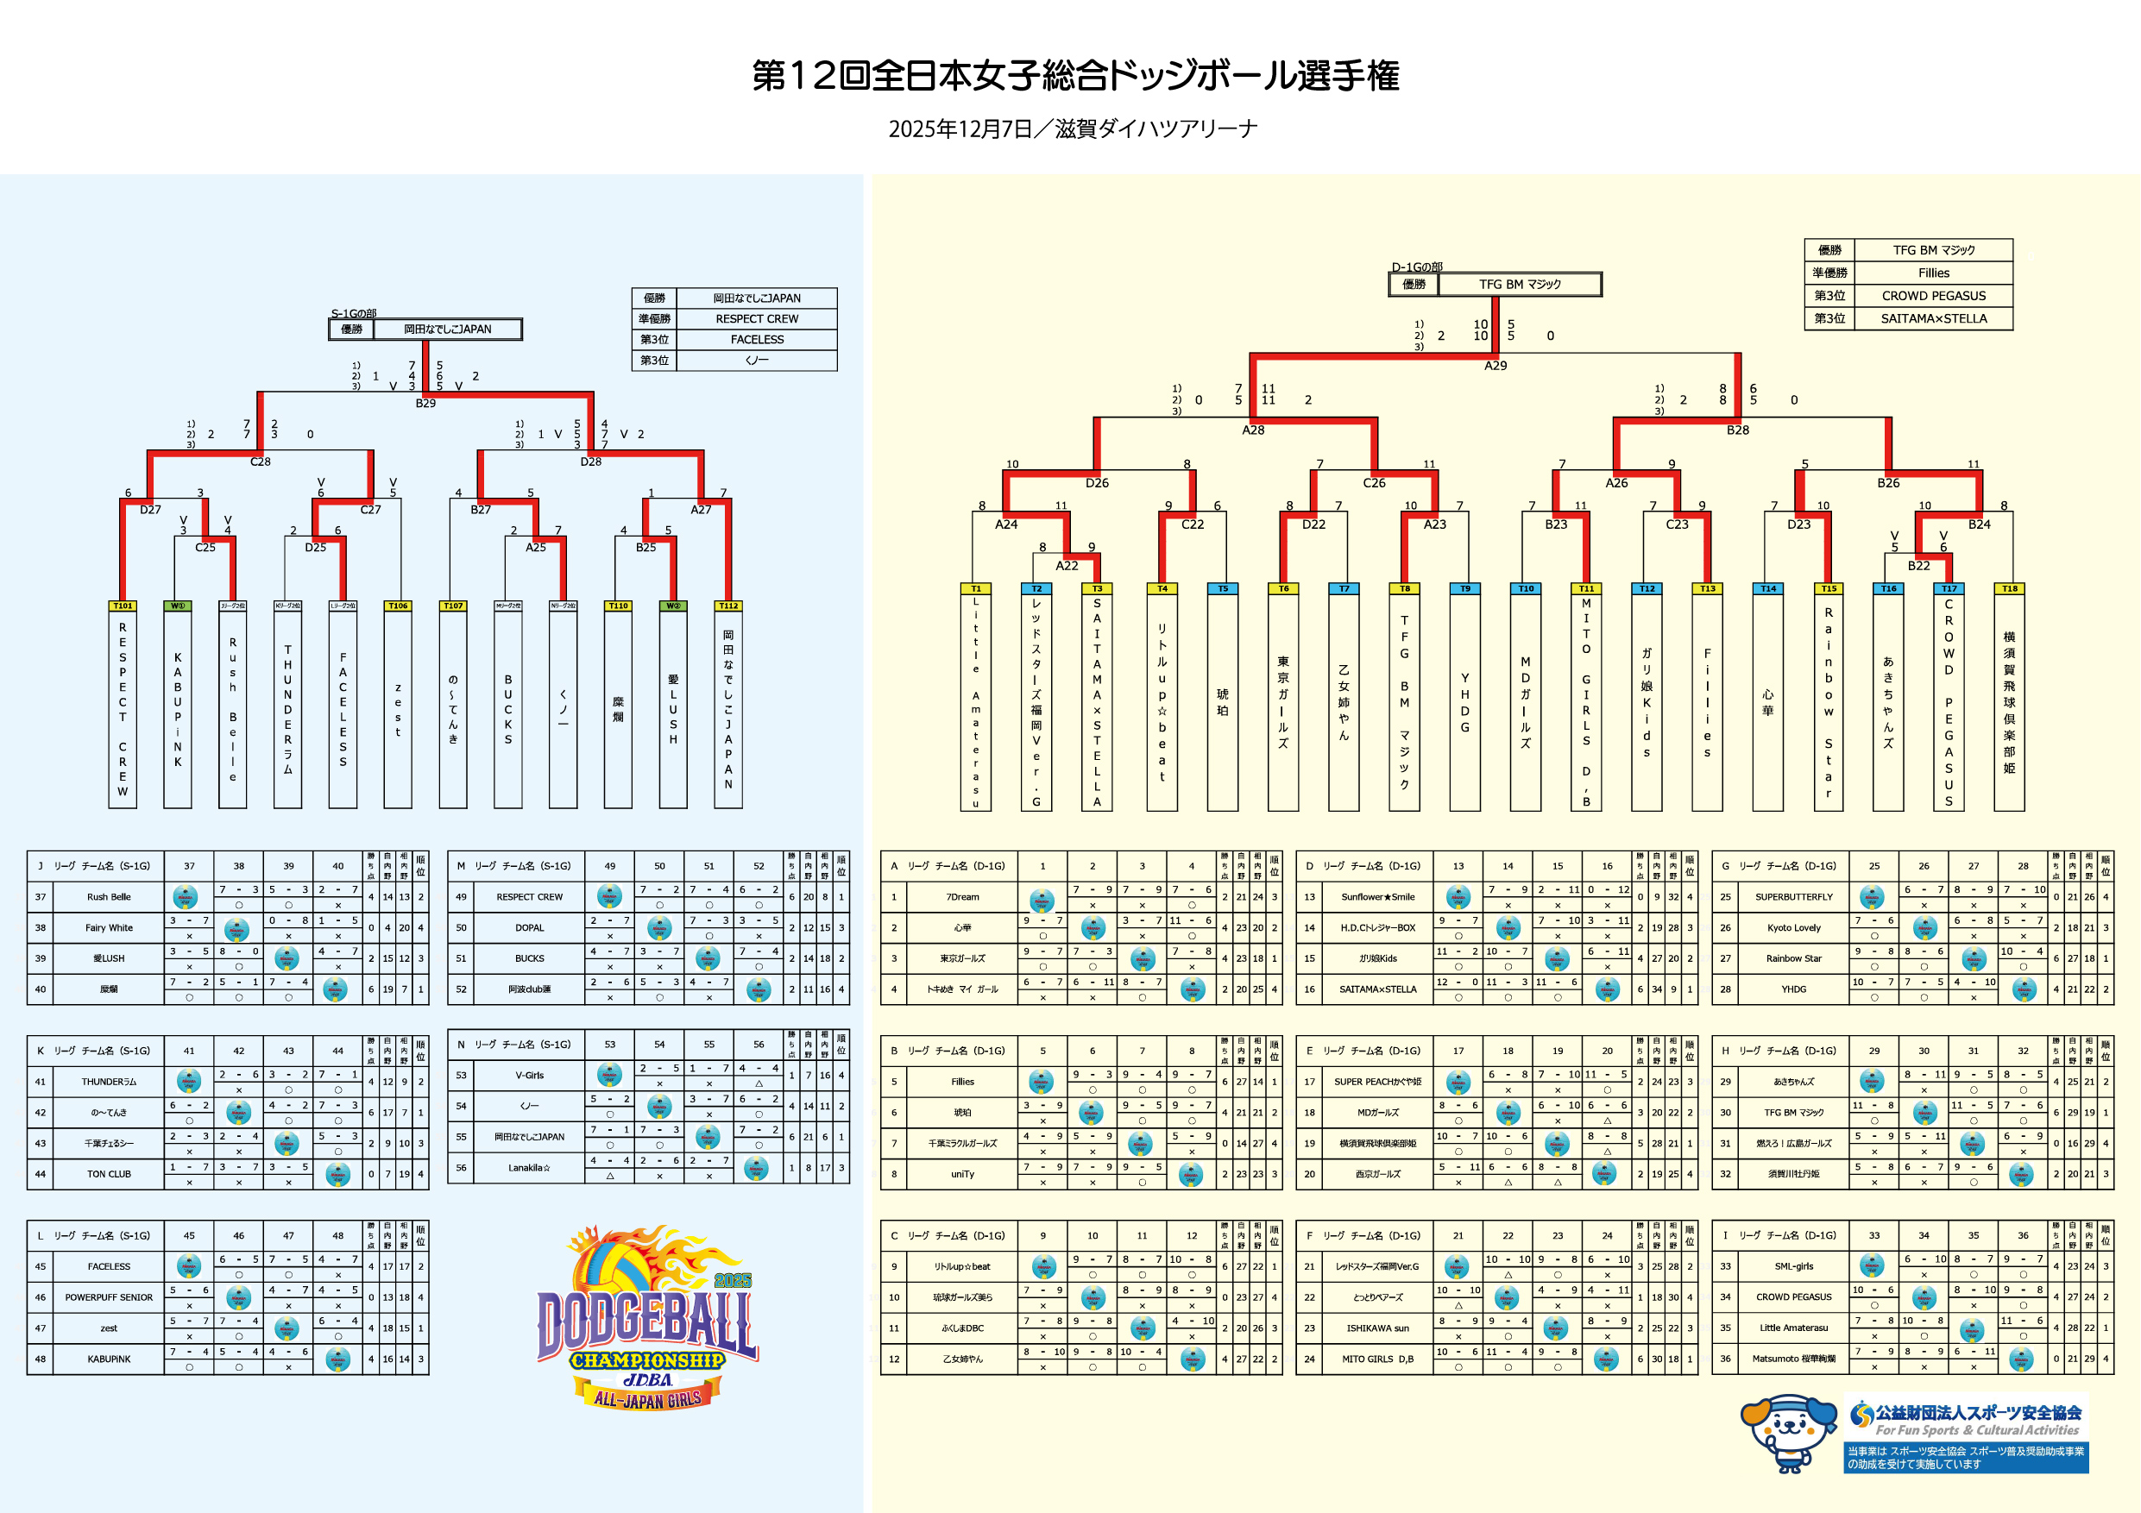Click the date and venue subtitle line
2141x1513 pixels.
pyautogui.click(x=1073, y=129)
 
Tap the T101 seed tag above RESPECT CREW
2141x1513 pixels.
pyautogui.click(x=123, y=606)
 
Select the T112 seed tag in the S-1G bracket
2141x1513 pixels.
pyautogui.click(x=728, y=606)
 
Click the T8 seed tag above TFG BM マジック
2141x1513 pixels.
pyautogui.click(x=1404, y=588)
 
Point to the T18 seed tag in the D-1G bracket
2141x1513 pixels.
pyautogui.click(x=2010, y=588)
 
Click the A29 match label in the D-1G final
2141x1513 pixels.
pyautogui.click(x=1495, y=366)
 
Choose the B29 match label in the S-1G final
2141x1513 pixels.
pyautogui.click(x=425, y=403)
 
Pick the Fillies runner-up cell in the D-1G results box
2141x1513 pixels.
pyautogui.click(x=1933, y=273)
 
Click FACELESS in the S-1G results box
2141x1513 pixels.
pyautogui.click(x=756, y=339)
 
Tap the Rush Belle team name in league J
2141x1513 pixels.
pyautogui.click(x=109, y=897)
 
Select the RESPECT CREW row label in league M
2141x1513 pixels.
pyautogui.click(x=529, y=897)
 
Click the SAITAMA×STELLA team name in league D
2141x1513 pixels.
pyautogui.click(x=1377, y=989)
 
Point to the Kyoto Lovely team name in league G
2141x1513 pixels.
pyautogui.click(x=1793, y=927)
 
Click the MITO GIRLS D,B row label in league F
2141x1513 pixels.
pyautogui.click(x=1377, y=1359)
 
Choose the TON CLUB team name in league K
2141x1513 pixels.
pyautogui.click(x=109, y=1174)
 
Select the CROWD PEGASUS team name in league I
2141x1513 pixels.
pyautogui.click(x=1793, y=1296)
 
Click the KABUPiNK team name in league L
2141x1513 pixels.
pyautogui.click(x=109, y=1359)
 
